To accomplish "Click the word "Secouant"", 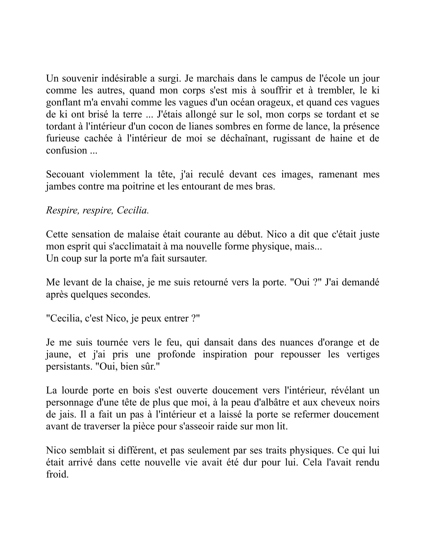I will tap(65, 174).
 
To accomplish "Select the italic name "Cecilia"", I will tap(133, 210).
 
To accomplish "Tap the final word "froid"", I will tap(57, 474).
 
